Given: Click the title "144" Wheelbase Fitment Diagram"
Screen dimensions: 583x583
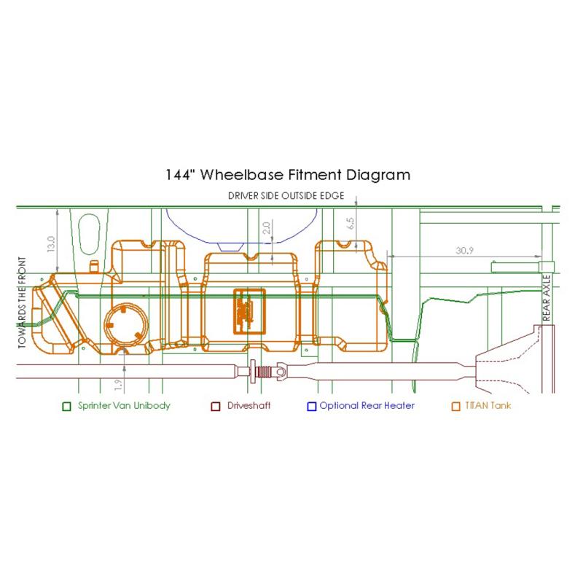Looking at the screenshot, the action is click(x=288, y=175).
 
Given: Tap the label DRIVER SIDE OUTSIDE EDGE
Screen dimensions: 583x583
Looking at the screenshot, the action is click(x=286, y=196).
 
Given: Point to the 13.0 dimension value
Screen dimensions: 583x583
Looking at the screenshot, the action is click(x=51, y=244).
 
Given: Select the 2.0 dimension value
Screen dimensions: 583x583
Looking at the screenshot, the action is click(x=266, y=228).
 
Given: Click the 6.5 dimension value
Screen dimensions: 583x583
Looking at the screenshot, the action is click(x=350, y=223).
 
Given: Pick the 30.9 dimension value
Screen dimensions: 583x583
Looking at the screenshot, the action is click(x=464, y=251).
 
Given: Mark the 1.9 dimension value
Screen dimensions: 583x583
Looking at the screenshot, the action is click(x=119, y=385).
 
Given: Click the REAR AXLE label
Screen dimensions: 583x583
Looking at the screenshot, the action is click(x=546, y=298).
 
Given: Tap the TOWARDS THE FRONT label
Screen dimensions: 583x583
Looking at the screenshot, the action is click(x=23, y=302).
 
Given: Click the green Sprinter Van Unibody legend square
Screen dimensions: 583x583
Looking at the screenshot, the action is click(x=66, y=407).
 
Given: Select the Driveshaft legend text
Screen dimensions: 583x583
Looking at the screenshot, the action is click(x=249, y=406).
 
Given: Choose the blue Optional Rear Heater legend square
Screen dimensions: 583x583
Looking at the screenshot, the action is click(x=312, y=407).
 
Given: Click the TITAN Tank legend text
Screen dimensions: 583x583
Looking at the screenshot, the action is click(x=488, y=406).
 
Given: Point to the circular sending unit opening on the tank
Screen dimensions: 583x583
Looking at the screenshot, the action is click(x=125, y=324).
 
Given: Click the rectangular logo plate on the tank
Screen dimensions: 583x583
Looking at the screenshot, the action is click(x=249, y=311).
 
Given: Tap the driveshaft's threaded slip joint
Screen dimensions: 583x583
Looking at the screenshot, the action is click(x=265, y=372).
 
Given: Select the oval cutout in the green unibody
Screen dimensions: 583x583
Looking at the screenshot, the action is click(x=89, y=234).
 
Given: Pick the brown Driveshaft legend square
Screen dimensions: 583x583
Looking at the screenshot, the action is click(x=216, y=407).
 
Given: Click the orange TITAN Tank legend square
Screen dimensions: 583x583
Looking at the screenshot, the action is click(x=456, y=407).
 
